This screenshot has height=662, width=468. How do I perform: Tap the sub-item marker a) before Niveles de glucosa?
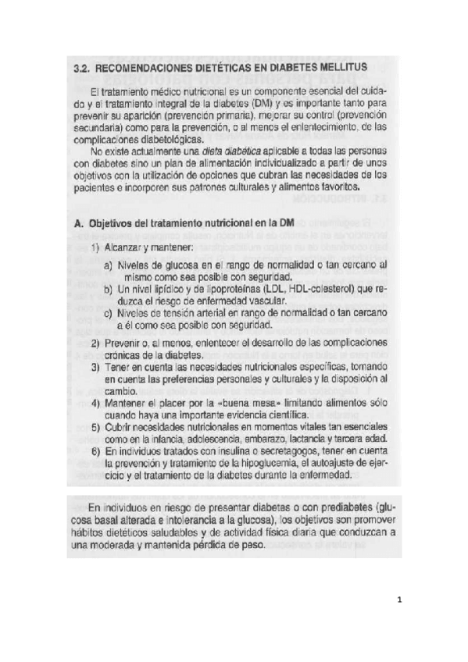click(108, 265)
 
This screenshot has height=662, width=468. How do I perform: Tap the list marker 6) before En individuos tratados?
click(95, 451)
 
